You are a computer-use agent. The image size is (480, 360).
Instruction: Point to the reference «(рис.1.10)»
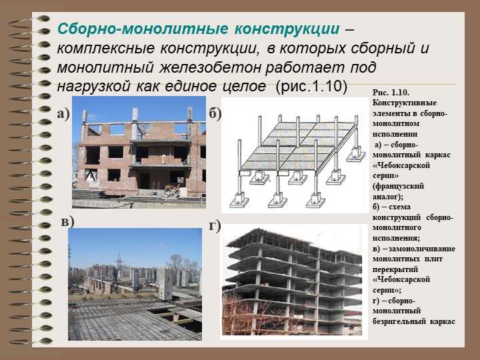coord(311,86)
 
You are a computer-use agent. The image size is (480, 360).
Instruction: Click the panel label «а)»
coord(63,114)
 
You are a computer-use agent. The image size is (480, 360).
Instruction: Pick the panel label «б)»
coord(215,114)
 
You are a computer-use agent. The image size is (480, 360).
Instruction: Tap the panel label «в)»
coord(67,222)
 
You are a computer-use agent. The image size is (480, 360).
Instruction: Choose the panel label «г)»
coord(215,226)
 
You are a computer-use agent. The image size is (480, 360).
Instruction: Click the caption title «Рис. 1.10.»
coord(391,93)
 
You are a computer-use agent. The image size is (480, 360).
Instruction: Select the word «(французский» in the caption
coord(398,186)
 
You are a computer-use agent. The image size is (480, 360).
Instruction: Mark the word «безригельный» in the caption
coord(399,322)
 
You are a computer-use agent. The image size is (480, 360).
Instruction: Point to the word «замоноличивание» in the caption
coord(422,249)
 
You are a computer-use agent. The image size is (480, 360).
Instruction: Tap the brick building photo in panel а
coord(139,152)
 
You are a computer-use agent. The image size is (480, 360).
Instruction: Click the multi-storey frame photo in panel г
coord(292,281)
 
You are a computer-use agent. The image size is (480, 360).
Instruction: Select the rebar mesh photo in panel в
coord(135,285)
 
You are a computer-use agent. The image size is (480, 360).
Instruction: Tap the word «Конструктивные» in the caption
coord(405,103)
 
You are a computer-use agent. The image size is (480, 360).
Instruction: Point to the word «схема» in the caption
coord(399,207)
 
